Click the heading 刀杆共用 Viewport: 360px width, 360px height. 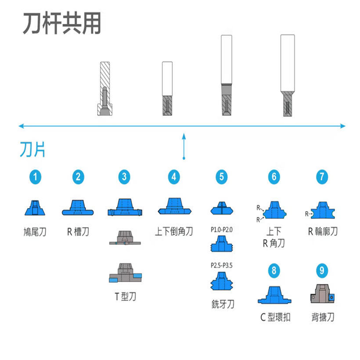point(62,24)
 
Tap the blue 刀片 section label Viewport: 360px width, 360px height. point(33,150)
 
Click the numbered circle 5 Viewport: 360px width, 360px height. point(221,177)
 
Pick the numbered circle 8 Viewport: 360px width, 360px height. point(274,271)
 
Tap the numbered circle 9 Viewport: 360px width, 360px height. point(322,271)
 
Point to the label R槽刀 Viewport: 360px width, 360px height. point(78,232)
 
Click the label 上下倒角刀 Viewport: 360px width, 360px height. point(174,232)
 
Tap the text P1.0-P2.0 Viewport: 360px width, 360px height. point(221,229)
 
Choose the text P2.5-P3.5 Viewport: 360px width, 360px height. point(221,265)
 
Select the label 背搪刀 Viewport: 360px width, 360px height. point(322,317)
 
